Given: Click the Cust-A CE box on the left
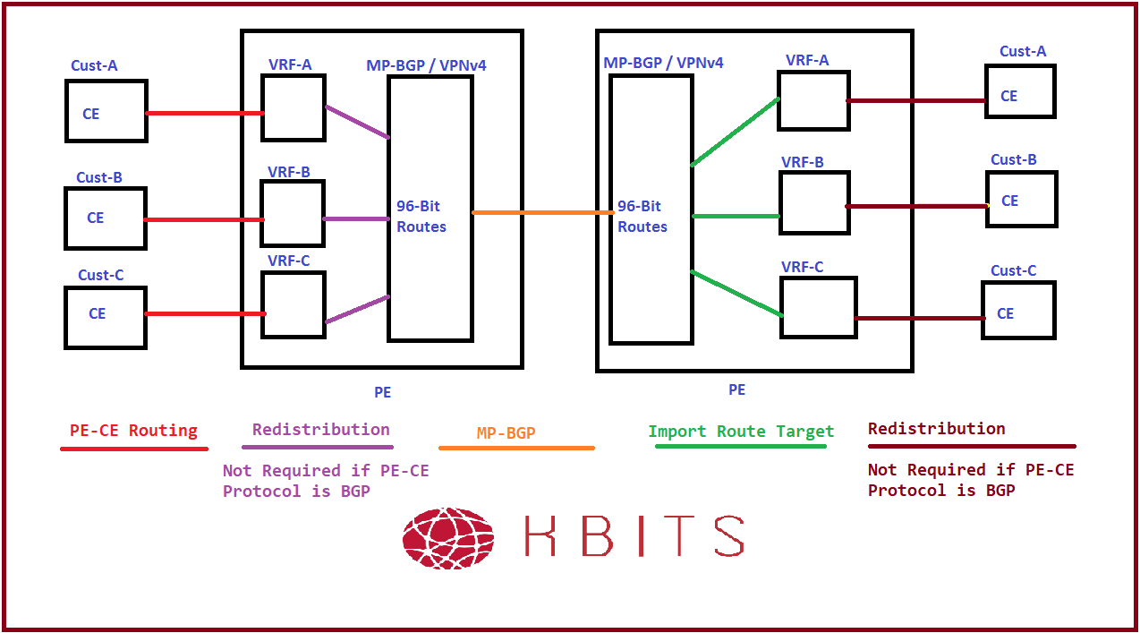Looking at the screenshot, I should tap(106, 111).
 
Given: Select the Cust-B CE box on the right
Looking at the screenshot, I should tap(1021, 200).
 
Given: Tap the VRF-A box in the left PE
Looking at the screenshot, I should tap(293, 107).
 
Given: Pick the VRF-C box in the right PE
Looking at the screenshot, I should tap(818, 307).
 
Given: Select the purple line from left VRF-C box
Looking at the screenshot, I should tap(356, 309).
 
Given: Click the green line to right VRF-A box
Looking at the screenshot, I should tap(735, 133).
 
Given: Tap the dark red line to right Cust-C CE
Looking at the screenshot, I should tap(919, 318).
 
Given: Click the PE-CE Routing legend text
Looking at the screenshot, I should tap(133, 431).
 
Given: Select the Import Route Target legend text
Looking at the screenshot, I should tap(741, 432).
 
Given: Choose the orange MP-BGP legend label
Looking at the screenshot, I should tap(506, 433).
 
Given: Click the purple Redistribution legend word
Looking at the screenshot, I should tap(320, 430).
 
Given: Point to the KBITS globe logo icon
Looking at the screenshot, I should tap(448, 538).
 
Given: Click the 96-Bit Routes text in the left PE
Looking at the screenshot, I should tap(421, 217).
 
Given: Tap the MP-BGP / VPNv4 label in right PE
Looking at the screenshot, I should tap(663, 63).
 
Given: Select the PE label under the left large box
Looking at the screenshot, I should tap(382, 392).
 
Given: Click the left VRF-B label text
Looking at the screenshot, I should tap(289, 172).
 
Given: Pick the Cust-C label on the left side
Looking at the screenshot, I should tap(101, 276).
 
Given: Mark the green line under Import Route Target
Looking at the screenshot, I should tap(741, 446).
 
